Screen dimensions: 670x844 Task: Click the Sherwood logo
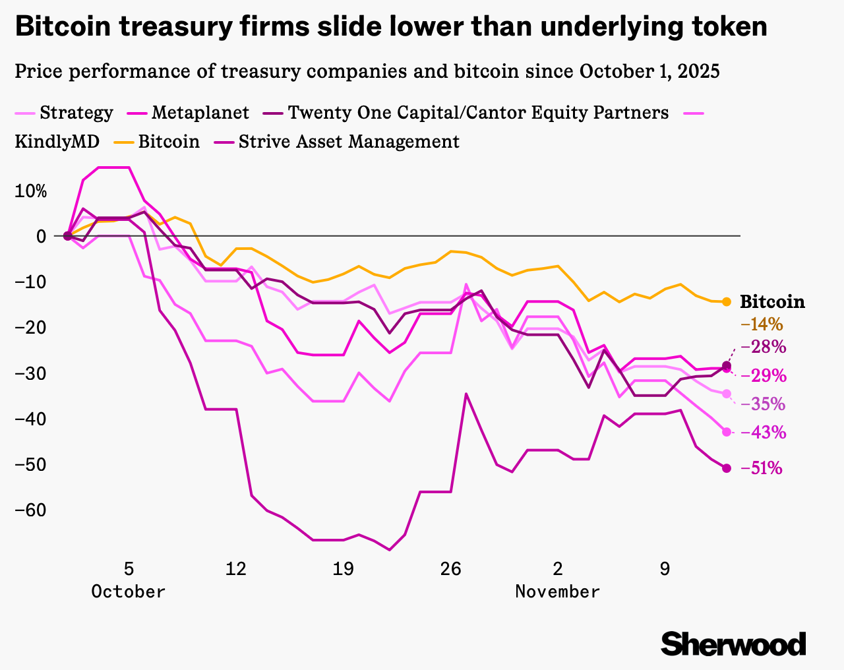tap(733, 643)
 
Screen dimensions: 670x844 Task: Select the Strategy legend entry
tap(76, 113)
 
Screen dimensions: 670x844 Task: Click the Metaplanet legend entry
tap(200, 113)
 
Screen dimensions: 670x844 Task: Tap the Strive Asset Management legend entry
tap(349, 142)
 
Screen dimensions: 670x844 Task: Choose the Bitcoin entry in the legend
tap(169, 142)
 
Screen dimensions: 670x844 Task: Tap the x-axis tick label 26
tap(450, 569)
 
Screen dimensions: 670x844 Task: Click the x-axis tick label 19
tap(343, 569)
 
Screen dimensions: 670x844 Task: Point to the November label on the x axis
tap(558, 592)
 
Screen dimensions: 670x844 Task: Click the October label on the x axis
tap(129, 592)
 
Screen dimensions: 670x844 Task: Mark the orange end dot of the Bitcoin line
tap(727, 301)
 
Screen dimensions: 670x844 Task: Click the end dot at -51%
tap(727, 468)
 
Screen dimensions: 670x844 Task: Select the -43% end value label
tap(764, 433)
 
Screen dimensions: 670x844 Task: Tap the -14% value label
tap(762, 324)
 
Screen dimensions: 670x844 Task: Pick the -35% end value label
tap(764, 404)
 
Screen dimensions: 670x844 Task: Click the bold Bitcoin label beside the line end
tap(772, 302)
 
